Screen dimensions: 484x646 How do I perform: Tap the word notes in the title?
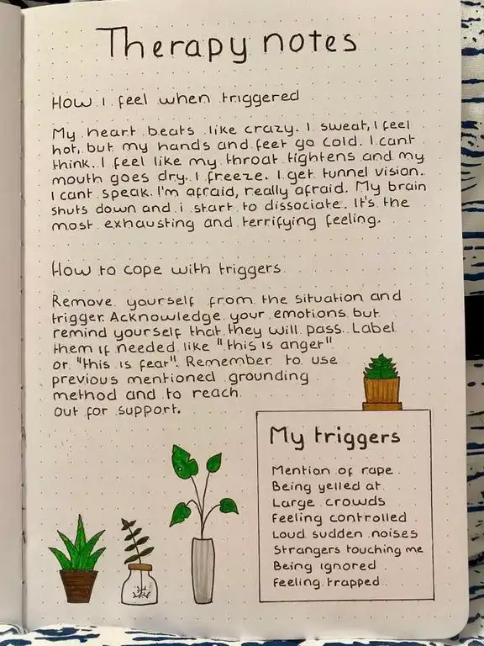pyautogui.click(x=309, y=41)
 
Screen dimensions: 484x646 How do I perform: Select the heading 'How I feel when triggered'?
pyautogui.click(x=175, y=100)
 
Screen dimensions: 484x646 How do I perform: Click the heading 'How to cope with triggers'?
pyautogui.click(x=166, y=270)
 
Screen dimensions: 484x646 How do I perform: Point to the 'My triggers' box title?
pyautogui.click(x=334, y=437)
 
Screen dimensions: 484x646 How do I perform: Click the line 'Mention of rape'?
pyautogui.click(x=332, y=470)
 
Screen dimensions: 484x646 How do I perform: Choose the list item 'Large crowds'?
pyautogui.click(x=328, y=502)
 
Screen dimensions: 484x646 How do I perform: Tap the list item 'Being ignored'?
pyautogui.click(x=324, y=566)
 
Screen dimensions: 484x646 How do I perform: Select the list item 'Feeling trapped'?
pyautogui.click(x=326, y=582)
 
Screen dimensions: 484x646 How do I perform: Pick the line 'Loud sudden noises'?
pyautogui.click(x=345, y=534)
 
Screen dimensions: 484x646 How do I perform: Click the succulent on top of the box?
pyautogui.click(x=381, y=367)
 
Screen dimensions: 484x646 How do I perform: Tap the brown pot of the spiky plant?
pyautogui.click(x=79, y=586)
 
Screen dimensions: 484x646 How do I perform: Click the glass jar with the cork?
pyautogui.click(x=139, y=585)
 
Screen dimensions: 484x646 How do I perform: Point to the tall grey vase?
pyautogui.click(x=203, y=570)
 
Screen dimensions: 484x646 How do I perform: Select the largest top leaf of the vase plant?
pyautogui.click(x=184, y=462)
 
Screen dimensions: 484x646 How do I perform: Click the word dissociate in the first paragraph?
pyautogui.click(x=302, y=204)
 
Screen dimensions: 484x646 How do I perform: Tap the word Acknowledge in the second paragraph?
pyautogui.click(x=165, y=316)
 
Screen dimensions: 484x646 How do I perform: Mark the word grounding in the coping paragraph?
pyautogui.click(x=268, y=378)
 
